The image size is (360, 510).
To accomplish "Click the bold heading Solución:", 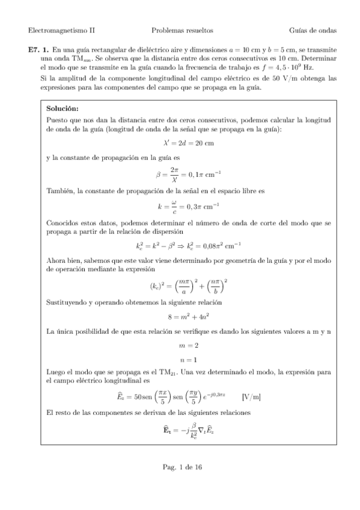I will pos(63,108).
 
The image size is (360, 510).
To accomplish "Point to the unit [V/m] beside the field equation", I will pos(250,398).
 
